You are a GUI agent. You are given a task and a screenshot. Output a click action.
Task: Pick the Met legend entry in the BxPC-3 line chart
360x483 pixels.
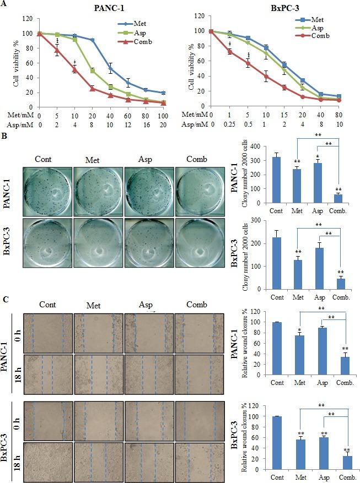point(316,20)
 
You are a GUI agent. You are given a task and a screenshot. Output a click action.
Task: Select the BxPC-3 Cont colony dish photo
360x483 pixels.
point(47,241)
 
